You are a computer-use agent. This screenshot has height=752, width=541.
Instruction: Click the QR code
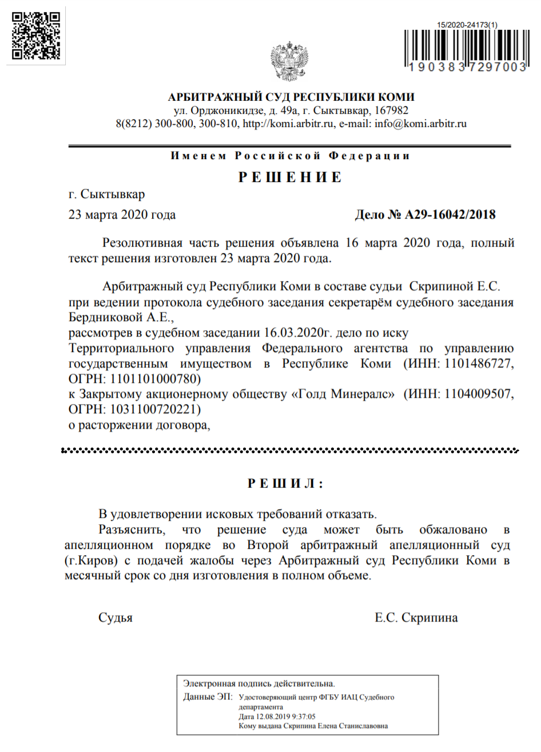(37, 35)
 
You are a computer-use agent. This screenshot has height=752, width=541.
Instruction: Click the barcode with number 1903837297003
(466, 49)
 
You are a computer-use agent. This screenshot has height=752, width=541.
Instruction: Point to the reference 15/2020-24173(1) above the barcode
(467, 25)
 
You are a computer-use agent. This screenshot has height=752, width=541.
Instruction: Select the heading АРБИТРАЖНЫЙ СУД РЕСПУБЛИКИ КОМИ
(291, 97)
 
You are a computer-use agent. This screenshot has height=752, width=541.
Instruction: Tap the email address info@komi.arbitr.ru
(420, 124)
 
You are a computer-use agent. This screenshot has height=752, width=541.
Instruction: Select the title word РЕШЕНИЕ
(290, 177)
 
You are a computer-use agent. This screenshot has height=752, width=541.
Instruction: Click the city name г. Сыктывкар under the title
(107, 195)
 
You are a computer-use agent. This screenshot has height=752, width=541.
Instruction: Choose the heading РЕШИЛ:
(285, 484)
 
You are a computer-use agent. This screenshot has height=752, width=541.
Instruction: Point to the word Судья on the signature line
(116, 618)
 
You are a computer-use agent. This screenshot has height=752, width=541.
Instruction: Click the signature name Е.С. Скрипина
(416, 618)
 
